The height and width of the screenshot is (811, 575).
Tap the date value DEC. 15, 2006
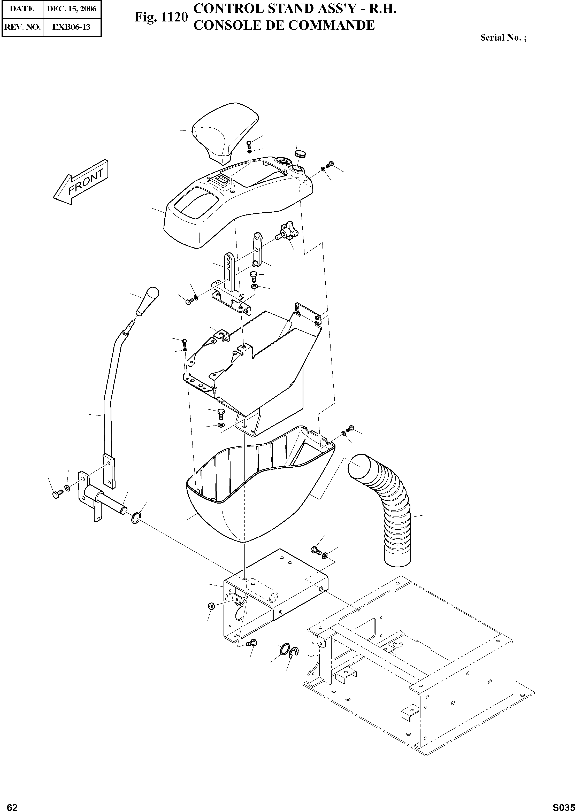pyautogui.click(x=72, y=9)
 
